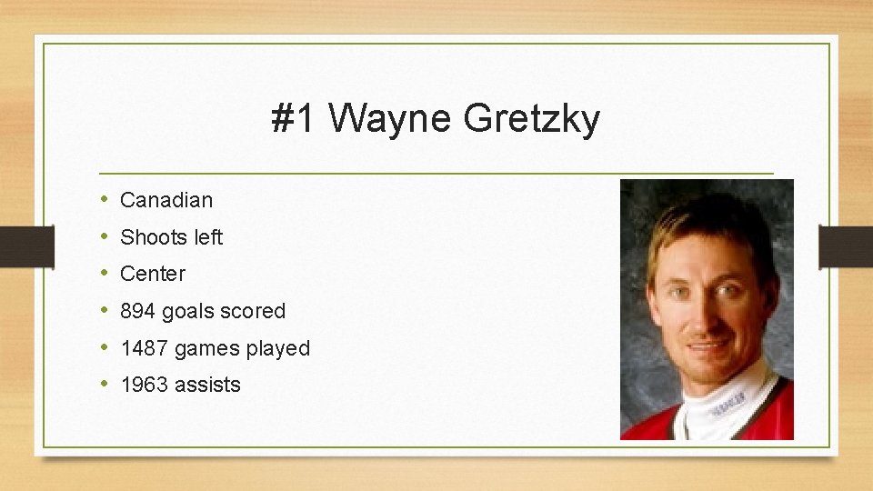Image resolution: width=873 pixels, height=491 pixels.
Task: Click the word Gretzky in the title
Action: coord(531,119)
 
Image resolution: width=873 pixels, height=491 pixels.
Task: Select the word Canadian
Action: coord(166,200)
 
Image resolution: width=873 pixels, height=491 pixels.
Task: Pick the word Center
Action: coord(153,274)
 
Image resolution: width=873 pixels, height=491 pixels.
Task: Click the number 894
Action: coord(138,311)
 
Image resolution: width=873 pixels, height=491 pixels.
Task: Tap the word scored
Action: coord(252,311)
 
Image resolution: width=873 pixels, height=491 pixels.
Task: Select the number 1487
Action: coord(145,348)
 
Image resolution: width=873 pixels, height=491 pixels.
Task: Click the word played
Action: coord(277,348)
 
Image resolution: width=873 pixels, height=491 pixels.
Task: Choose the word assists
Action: coord(208,385)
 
